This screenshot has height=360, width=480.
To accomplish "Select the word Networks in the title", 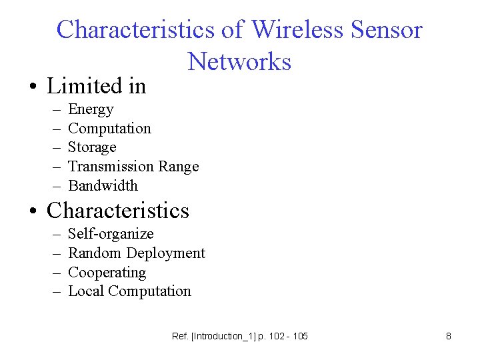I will [240, 61].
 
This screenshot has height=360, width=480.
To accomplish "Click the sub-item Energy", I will [91, 109].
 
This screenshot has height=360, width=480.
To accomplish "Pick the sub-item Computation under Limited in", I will [109, 129].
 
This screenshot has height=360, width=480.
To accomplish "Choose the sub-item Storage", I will [92, 147].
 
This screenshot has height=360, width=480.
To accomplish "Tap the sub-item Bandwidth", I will [103, 186].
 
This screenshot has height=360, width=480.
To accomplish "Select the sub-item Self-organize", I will [111, 234].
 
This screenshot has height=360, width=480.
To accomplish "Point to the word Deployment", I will [165, 253].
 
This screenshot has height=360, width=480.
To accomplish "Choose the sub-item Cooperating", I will [107, 273].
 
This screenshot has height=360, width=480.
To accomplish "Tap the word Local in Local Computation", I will [86, 291].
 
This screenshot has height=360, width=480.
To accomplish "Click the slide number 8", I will [449, 336].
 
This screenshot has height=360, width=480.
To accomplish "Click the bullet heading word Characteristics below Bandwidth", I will [118, 211].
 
